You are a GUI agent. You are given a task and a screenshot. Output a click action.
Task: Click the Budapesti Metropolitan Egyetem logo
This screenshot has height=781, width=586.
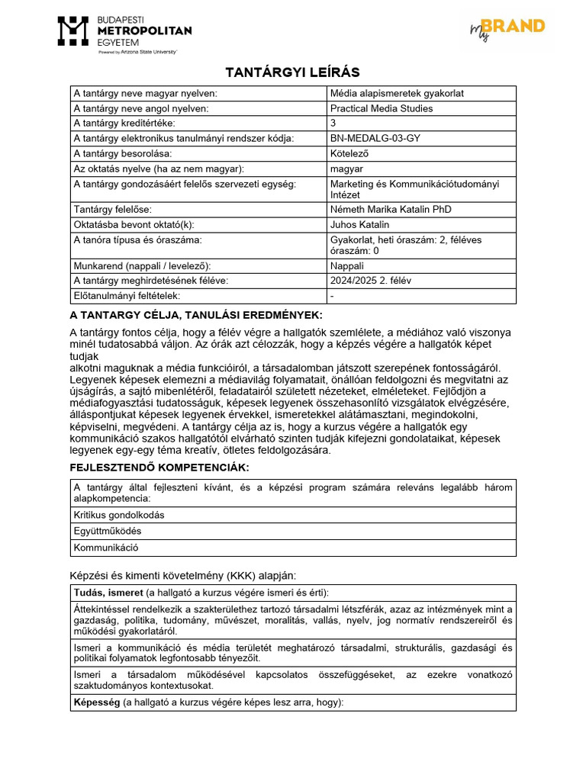pyautogui.click(x=125, y=31)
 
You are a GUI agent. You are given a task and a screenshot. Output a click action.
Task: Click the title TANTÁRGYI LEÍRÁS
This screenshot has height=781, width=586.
pyautogui.click(x=292, y=72)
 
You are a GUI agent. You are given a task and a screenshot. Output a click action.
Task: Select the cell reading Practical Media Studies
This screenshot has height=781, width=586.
pyautogui.click(x=382, y=108)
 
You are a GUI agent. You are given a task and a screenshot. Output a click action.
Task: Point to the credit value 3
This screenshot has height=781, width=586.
pyautogui.click(x=333, y=123)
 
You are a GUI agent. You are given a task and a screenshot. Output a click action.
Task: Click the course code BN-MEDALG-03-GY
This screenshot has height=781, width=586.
pyautogui.click(x=375, y=138)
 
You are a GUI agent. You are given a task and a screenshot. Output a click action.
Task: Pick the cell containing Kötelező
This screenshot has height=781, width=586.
pyautogui.click(x=349, y=153)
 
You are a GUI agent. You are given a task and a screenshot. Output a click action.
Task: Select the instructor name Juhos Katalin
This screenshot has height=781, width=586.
pyautogui.click(x=359, y=224)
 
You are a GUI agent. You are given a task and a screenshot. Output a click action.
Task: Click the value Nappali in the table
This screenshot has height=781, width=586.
pyautogui.click(x=347, y=265)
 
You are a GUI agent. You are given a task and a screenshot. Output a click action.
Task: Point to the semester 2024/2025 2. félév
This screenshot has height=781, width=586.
pyautogui.click(x=371, y=280)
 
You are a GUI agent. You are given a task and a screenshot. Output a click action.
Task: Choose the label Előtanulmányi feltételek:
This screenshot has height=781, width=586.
pyautogui.click(x=126, y=295)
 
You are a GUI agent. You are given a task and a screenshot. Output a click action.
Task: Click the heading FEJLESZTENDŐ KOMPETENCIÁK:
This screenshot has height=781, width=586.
pyautogui.click(x=159, y=467)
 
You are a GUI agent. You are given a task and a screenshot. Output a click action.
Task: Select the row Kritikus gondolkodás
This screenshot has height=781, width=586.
pyautogui.click(x=118, y=515)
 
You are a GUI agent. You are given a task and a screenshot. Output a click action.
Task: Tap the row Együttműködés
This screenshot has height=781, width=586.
pyautogui.click(x=108, y=531)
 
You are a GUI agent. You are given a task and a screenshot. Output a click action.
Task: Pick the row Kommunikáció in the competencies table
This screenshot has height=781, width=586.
pyautogui.click(x=106, y=547)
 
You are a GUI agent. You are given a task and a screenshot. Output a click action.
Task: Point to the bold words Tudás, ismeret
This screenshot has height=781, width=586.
pyautogui.click(x=108, y=593)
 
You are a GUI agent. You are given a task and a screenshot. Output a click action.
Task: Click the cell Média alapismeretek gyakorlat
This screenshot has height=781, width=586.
pyautogui.click(x=397, y=93)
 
